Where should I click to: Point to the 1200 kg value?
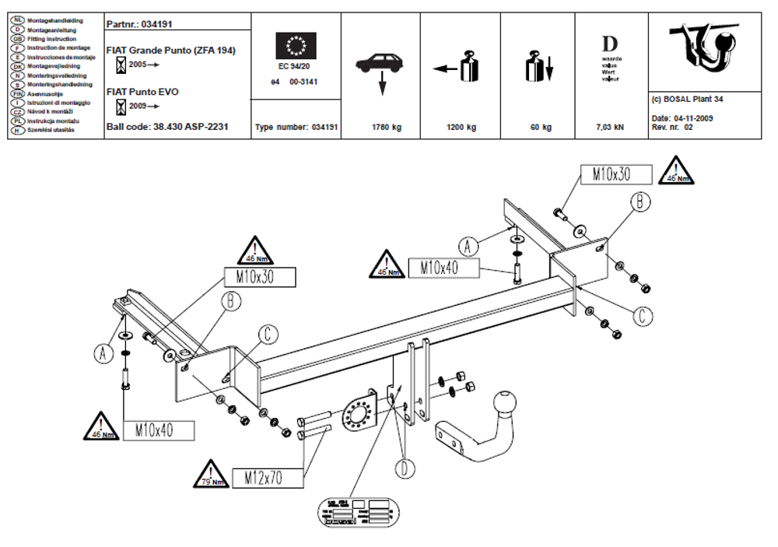pyautogui.click(x=461, y=127)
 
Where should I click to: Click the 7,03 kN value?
pyautogui.click(x=609, y=127)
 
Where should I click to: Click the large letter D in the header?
pyautogui.click(x=610, y=43)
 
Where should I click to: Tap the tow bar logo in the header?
pyautogui.click(x=704, y=49)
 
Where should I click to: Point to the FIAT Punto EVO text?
pyautogui.click(x=142, y=92)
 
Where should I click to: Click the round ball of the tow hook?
pyautogui.click(x=504, y=405)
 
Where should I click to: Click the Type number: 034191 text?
pyautogui.click(x=296, y=127)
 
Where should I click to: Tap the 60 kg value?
pyautogui.click(x=540, y=127)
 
